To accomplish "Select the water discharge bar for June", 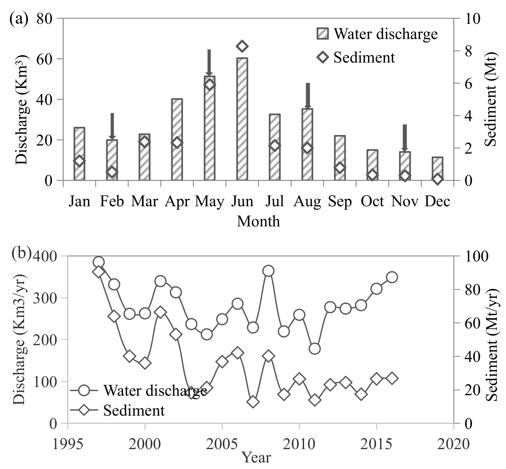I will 242,119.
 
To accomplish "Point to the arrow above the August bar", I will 308,96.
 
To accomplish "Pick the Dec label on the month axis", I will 438,202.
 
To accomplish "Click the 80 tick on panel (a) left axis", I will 44,19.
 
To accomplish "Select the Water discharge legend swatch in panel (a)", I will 322,33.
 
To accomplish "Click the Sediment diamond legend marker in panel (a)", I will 323,57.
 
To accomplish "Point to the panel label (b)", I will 21,254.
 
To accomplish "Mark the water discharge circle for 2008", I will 268,271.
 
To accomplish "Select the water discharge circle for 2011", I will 315,349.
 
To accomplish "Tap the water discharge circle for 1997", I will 99,262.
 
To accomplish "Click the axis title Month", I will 258,221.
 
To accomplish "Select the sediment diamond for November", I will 405,176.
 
